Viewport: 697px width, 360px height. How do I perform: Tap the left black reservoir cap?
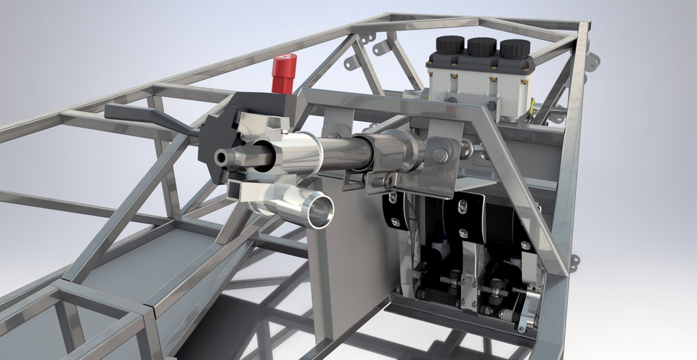(450, 46)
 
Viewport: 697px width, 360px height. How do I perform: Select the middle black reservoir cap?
(482, 48)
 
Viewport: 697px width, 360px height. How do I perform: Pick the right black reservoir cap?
(515, 49)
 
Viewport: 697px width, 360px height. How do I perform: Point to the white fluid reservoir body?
(479, 80)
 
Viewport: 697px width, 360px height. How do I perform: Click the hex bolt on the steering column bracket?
(440, 155)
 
